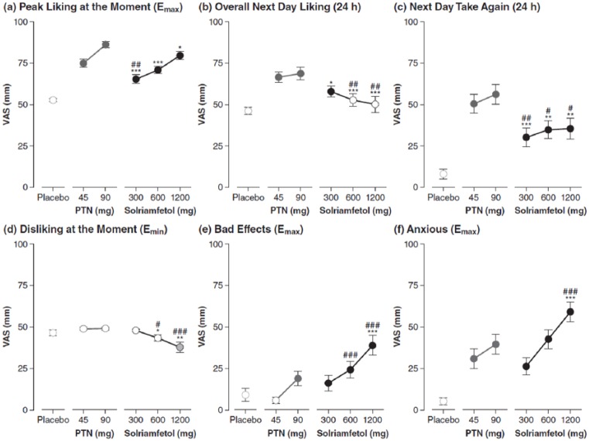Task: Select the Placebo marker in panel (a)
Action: click(53, 100)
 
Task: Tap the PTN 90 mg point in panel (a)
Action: click(105, 44)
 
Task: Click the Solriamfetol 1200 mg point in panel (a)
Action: click(180, 55)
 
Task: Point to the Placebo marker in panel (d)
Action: click(53, 333)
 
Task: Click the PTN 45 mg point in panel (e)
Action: click(276, 400)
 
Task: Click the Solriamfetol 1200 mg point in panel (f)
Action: click(570, 312)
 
